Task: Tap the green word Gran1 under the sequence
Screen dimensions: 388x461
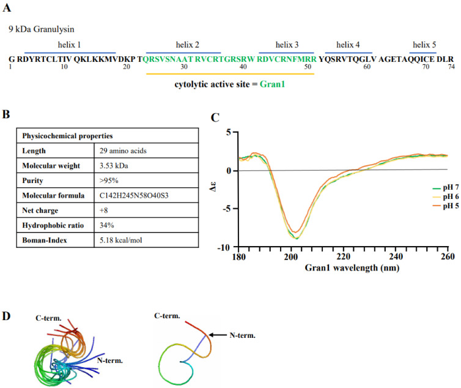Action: (x=271, y=84)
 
